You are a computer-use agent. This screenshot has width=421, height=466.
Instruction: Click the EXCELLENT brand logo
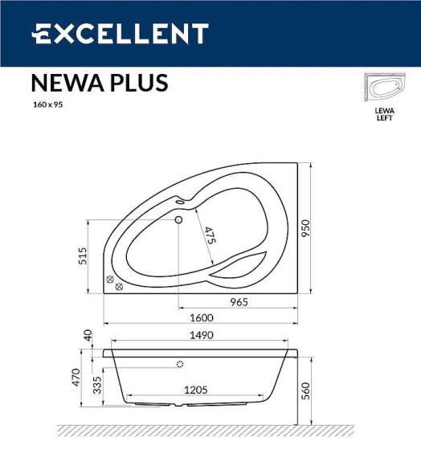coord(120,34)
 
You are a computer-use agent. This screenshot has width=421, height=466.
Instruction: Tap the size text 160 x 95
coord(47,104)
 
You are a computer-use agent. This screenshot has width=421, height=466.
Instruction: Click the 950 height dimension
coord(305,229)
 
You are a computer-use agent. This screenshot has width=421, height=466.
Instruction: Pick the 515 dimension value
coord(83,255)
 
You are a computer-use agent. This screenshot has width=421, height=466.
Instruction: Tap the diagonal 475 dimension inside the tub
coord(210,236)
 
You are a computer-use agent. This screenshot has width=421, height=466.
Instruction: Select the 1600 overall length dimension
coord(200,317)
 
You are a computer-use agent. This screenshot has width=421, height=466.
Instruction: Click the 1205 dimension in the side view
coord(195,389)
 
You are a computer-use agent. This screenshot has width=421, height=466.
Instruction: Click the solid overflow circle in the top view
coord(178,219)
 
